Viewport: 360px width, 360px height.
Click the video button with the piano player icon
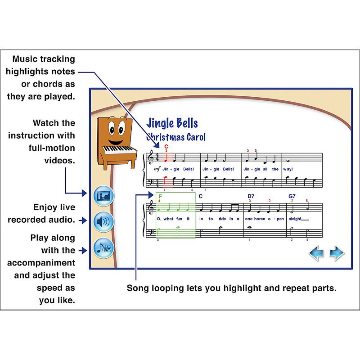pos(104,196)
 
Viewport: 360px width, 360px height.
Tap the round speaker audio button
pos(104,221)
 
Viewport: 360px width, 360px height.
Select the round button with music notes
pos(104,248)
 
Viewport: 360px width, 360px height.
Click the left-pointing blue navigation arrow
pos(316,253)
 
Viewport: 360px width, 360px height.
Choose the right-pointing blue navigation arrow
pos(337,253)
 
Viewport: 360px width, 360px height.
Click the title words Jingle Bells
pos(172,123)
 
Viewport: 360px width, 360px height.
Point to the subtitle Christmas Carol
pos(176,137)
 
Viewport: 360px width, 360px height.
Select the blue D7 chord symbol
pos(251,196)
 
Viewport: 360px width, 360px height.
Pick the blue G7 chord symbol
pos(292,196)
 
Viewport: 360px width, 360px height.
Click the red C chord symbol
pos(166,146)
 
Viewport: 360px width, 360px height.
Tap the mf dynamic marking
pos(157,169)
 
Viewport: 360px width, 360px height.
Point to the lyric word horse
pos(262,219)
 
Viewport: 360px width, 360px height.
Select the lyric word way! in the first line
pos(288,169)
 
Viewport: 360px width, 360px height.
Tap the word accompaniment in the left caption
pos(44,263)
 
